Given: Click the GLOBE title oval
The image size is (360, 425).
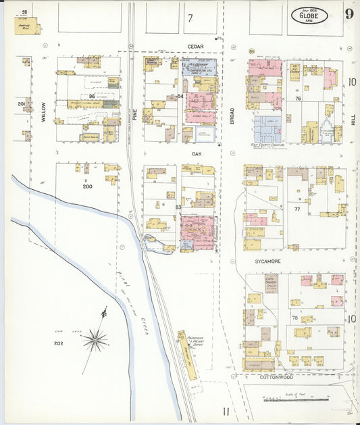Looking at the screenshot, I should pos(309,14).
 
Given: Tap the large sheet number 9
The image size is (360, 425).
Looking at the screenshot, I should pos(349,14).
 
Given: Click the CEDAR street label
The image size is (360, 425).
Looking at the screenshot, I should pos(196,46).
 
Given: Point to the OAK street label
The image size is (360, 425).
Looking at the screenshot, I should pos(197,153).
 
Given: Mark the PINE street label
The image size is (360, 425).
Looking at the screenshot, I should pos(134,116).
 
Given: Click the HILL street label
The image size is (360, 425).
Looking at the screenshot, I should pos(353,119).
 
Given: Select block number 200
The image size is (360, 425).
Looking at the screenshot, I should pos(86,185).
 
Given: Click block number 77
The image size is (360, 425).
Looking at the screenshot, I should pos(297,209).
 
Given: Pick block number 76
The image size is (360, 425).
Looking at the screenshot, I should pos(297,99).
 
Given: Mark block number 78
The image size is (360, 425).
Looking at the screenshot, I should pos(294,318).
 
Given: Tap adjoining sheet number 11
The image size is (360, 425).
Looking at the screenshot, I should pos(228,409).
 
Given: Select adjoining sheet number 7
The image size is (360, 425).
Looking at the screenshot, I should pos(190,18).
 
